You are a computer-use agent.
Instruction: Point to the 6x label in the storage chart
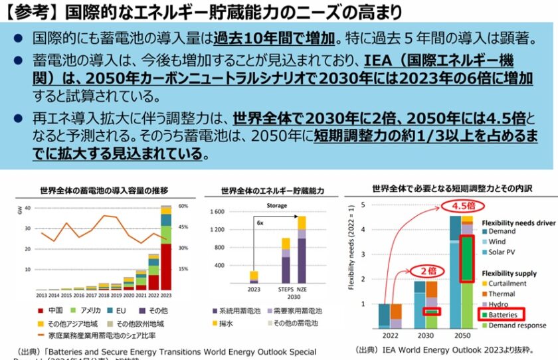260,224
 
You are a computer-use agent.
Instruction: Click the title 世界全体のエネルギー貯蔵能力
273,191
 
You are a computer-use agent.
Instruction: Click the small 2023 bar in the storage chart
253,277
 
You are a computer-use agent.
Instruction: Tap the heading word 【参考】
31,11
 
